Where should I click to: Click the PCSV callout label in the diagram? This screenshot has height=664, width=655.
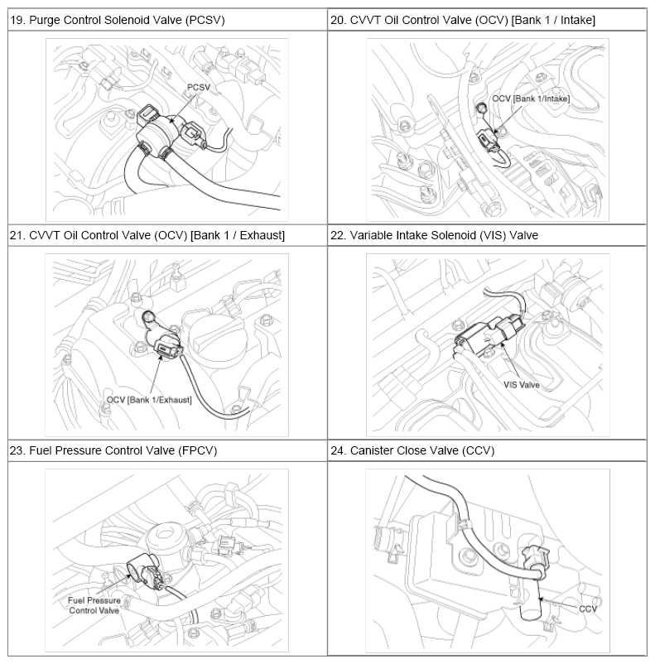point(198,87)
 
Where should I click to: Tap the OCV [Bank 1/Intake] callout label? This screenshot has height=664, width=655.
point(531,99)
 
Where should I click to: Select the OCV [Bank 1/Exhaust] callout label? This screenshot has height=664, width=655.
point(149,400)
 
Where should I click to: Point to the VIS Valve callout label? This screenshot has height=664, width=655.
point(521,385)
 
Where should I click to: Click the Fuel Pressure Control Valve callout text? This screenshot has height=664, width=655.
point(94,605)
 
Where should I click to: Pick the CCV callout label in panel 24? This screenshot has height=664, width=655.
point(588,609)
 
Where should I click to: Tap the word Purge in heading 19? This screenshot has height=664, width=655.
point(42,21)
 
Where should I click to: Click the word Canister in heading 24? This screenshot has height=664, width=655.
point(369,450)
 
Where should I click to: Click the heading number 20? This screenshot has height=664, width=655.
point(339,20)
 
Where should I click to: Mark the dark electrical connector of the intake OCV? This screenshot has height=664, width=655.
point(485,140)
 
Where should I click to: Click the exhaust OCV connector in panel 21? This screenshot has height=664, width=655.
point(167,347)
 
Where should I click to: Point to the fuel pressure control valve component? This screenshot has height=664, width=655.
point(143,574)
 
